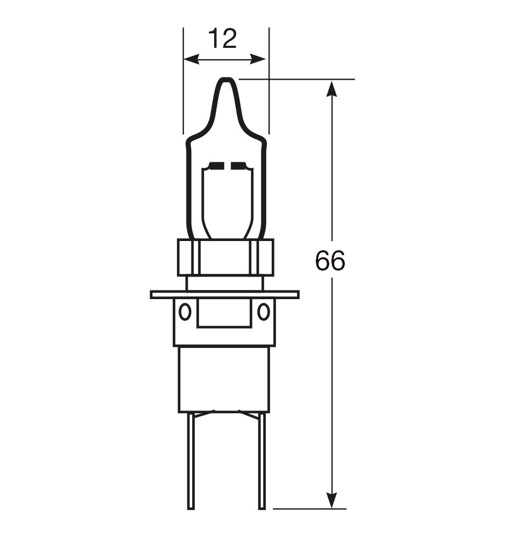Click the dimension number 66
pos(330,260)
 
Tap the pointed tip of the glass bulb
pos(226,79)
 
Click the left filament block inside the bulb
pos(216,166)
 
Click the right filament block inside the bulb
pos(239,166)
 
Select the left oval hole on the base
pos(185,312)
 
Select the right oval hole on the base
pos(264,312)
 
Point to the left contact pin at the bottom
pos(191,461)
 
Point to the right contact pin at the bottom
pos(261,461)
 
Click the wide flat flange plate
pos(225,294)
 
